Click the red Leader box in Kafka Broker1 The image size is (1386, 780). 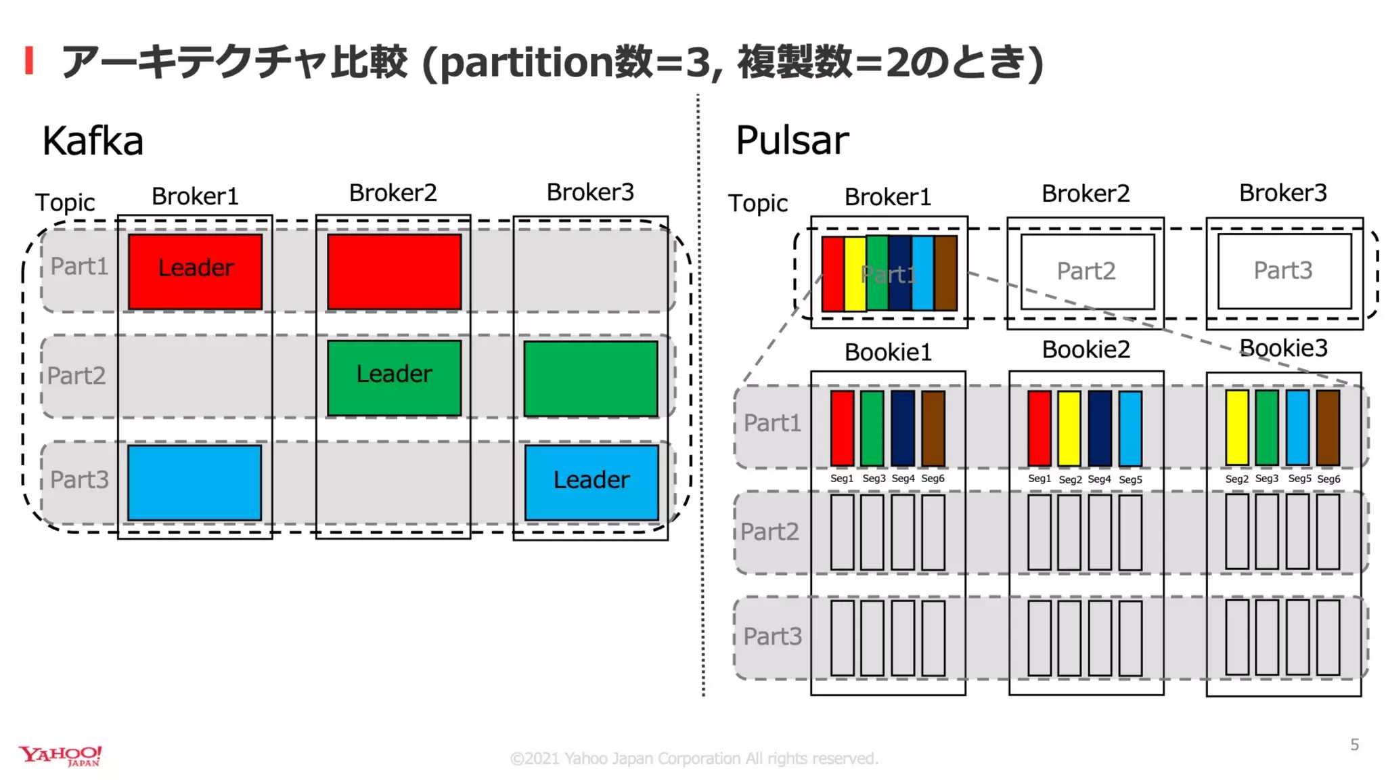coord(195,272)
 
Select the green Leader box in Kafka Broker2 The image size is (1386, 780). coord(394,377)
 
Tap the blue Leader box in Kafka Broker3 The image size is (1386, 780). coord(591,481)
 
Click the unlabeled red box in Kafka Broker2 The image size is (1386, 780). coord(394,272)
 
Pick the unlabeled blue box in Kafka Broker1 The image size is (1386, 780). coord(194,482)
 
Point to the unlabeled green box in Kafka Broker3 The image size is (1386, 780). coord(590,378)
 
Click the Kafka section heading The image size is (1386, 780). coord(93,141)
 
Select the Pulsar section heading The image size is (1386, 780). coord(792,140)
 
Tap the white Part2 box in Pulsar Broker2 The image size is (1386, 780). coord(1087,272)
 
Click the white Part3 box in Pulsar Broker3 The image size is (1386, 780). coord(1284,271)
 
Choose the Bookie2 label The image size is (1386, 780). coord(1086,349)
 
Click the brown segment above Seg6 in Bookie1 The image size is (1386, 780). coord(933,428)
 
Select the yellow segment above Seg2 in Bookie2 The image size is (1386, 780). coord(1069,428)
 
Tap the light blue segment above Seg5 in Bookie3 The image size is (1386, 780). coord(1297,427)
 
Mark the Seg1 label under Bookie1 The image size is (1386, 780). coord(841,479)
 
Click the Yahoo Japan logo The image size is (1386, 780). coord(60,756)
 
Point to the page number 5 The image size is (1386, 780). coord(1354,745)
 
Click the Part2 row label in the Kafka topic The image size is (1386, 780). coord(76,376)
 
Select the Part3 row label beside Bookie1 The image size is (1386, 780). coord(772,636)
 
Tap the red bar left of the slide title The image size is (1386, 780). coord(29,60)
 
